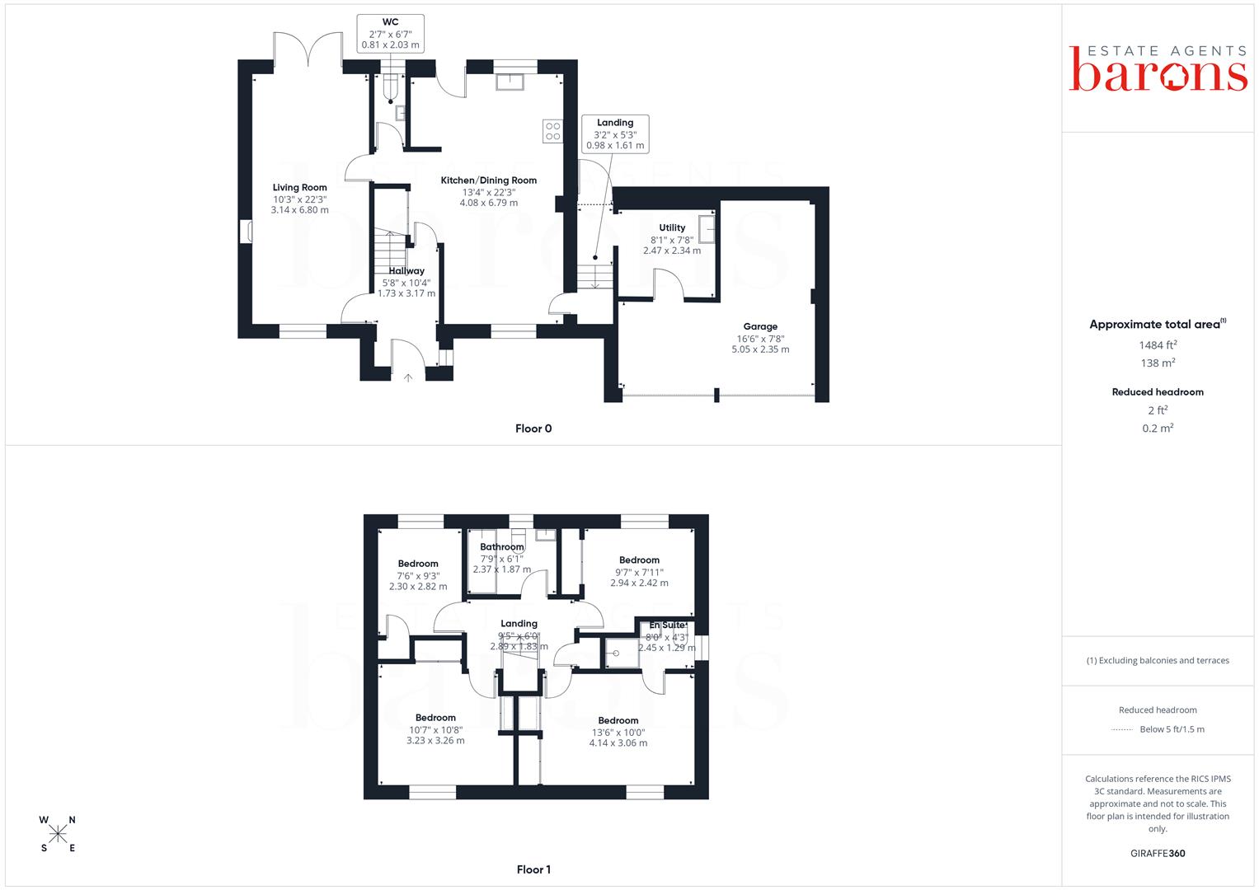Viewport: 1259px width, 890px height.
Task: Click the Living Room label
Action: point(299,188)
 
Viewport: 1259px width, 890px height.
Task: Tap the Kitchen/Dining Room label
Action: point(488,180)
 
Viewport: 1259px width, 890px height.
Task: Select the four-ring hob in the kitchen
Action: point(552,132)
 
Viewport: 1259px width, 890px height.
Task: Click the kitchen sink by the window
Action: point(510,82)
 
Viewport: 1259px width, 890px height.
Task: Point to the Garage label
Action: point(760,326)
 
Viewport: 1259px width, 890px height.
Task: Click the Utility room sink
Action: point(707,229)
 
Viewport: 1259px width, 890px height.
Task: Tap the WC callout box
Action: point(391,34)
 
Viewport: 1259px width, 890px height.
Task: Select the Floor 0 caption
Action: point(533,429)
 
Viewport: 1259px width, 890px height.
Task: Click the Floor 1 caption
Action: point(533,869)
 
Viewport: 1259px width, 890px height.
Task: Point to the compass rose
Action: point(58,834)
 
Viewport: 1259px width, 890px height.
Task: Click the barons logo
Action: point(1158,69)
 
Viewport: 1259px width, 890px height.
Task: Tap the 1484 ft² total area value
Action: point(1158,345)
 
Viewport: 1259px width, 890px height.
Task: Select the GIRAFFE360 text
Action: point(1158,854)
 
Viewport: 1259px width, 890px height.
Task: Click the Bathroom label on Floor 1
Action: point(502,546)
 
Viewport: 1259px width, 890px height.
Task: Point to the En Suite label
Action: point(667,625)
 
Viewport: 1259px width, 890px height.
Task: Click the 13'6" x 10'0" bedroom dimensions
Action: point(618,733)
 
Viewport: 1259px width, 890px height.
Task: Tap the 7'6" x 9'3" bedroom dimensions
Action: point(418,576)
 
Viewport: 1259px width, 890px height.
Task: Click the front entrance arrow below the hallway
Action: point(408,378)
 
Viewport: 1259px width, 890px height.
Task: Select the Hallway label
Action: point(406,271)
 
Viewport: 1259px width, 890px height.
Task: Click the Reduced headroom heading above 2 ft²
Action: point(1158,392)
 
